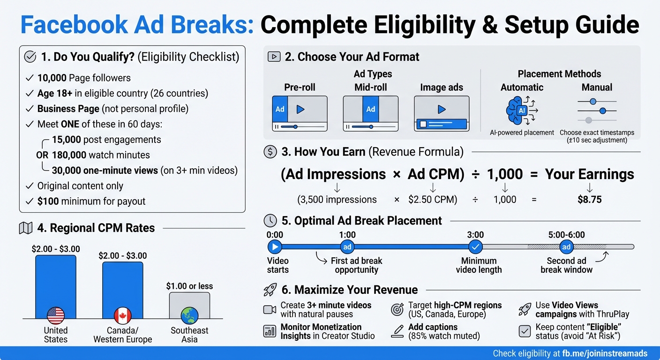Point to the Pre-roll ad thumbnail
coord(300,113)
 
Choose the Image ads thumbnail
coord(442,113)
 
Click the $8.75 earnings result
coord(589,200)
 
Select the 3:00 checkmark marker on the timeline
coord(475,247)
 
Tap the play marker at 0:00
coord(275,247)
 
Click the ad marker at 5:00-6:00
coord(566,247)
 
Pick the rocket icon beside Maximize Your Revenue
coord(270,290)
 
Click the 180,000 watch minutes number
coord(69,155)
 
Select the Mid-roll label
coord(371,88)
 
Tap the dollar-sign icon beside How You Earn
coord(270,152)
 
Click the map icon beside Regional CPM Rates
coord(25,228)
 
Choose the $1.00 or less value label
coord(189,286)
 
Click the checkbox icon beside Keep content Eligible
coord(525,331)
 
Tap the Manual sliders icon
coord(597,110)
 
